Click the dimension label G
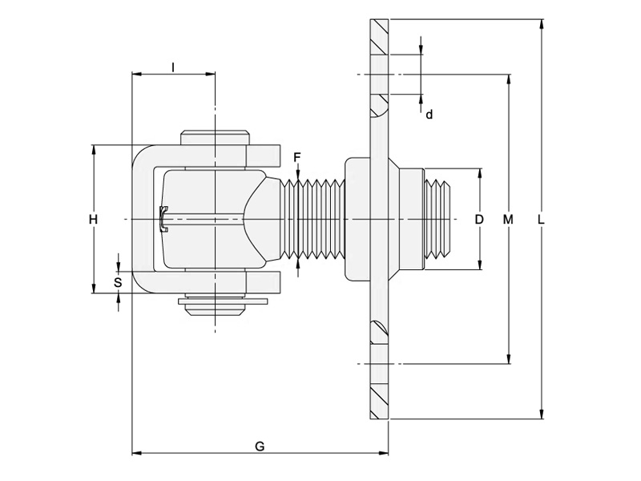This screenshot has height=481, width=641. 260,447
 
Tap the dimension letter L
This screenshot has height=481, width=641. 542,219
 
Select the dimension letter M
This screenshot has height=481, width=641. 508,219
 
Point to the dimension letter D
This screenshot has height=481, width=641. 479,219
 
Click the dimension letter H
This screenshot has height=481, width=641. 93,219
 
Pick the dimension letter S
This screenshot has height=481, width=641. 118,282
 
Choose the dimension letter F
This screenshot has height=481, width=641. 297,156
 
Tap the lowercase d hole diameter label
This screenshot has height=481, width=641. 429,115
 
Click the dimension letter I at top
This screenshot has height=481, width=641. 173,67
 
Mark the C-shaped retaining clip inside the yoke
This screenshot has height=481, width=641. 163,219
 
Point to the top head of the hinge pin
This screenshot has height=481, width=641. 215,136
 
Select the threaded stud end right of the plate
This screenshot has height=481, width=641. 439,219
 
